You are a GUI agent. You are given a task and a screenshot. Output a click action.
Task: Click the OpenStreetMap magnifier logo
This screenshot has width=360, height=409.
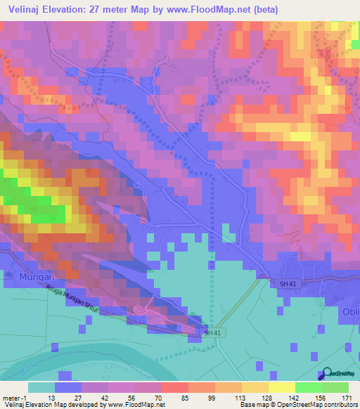(325, 375)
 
